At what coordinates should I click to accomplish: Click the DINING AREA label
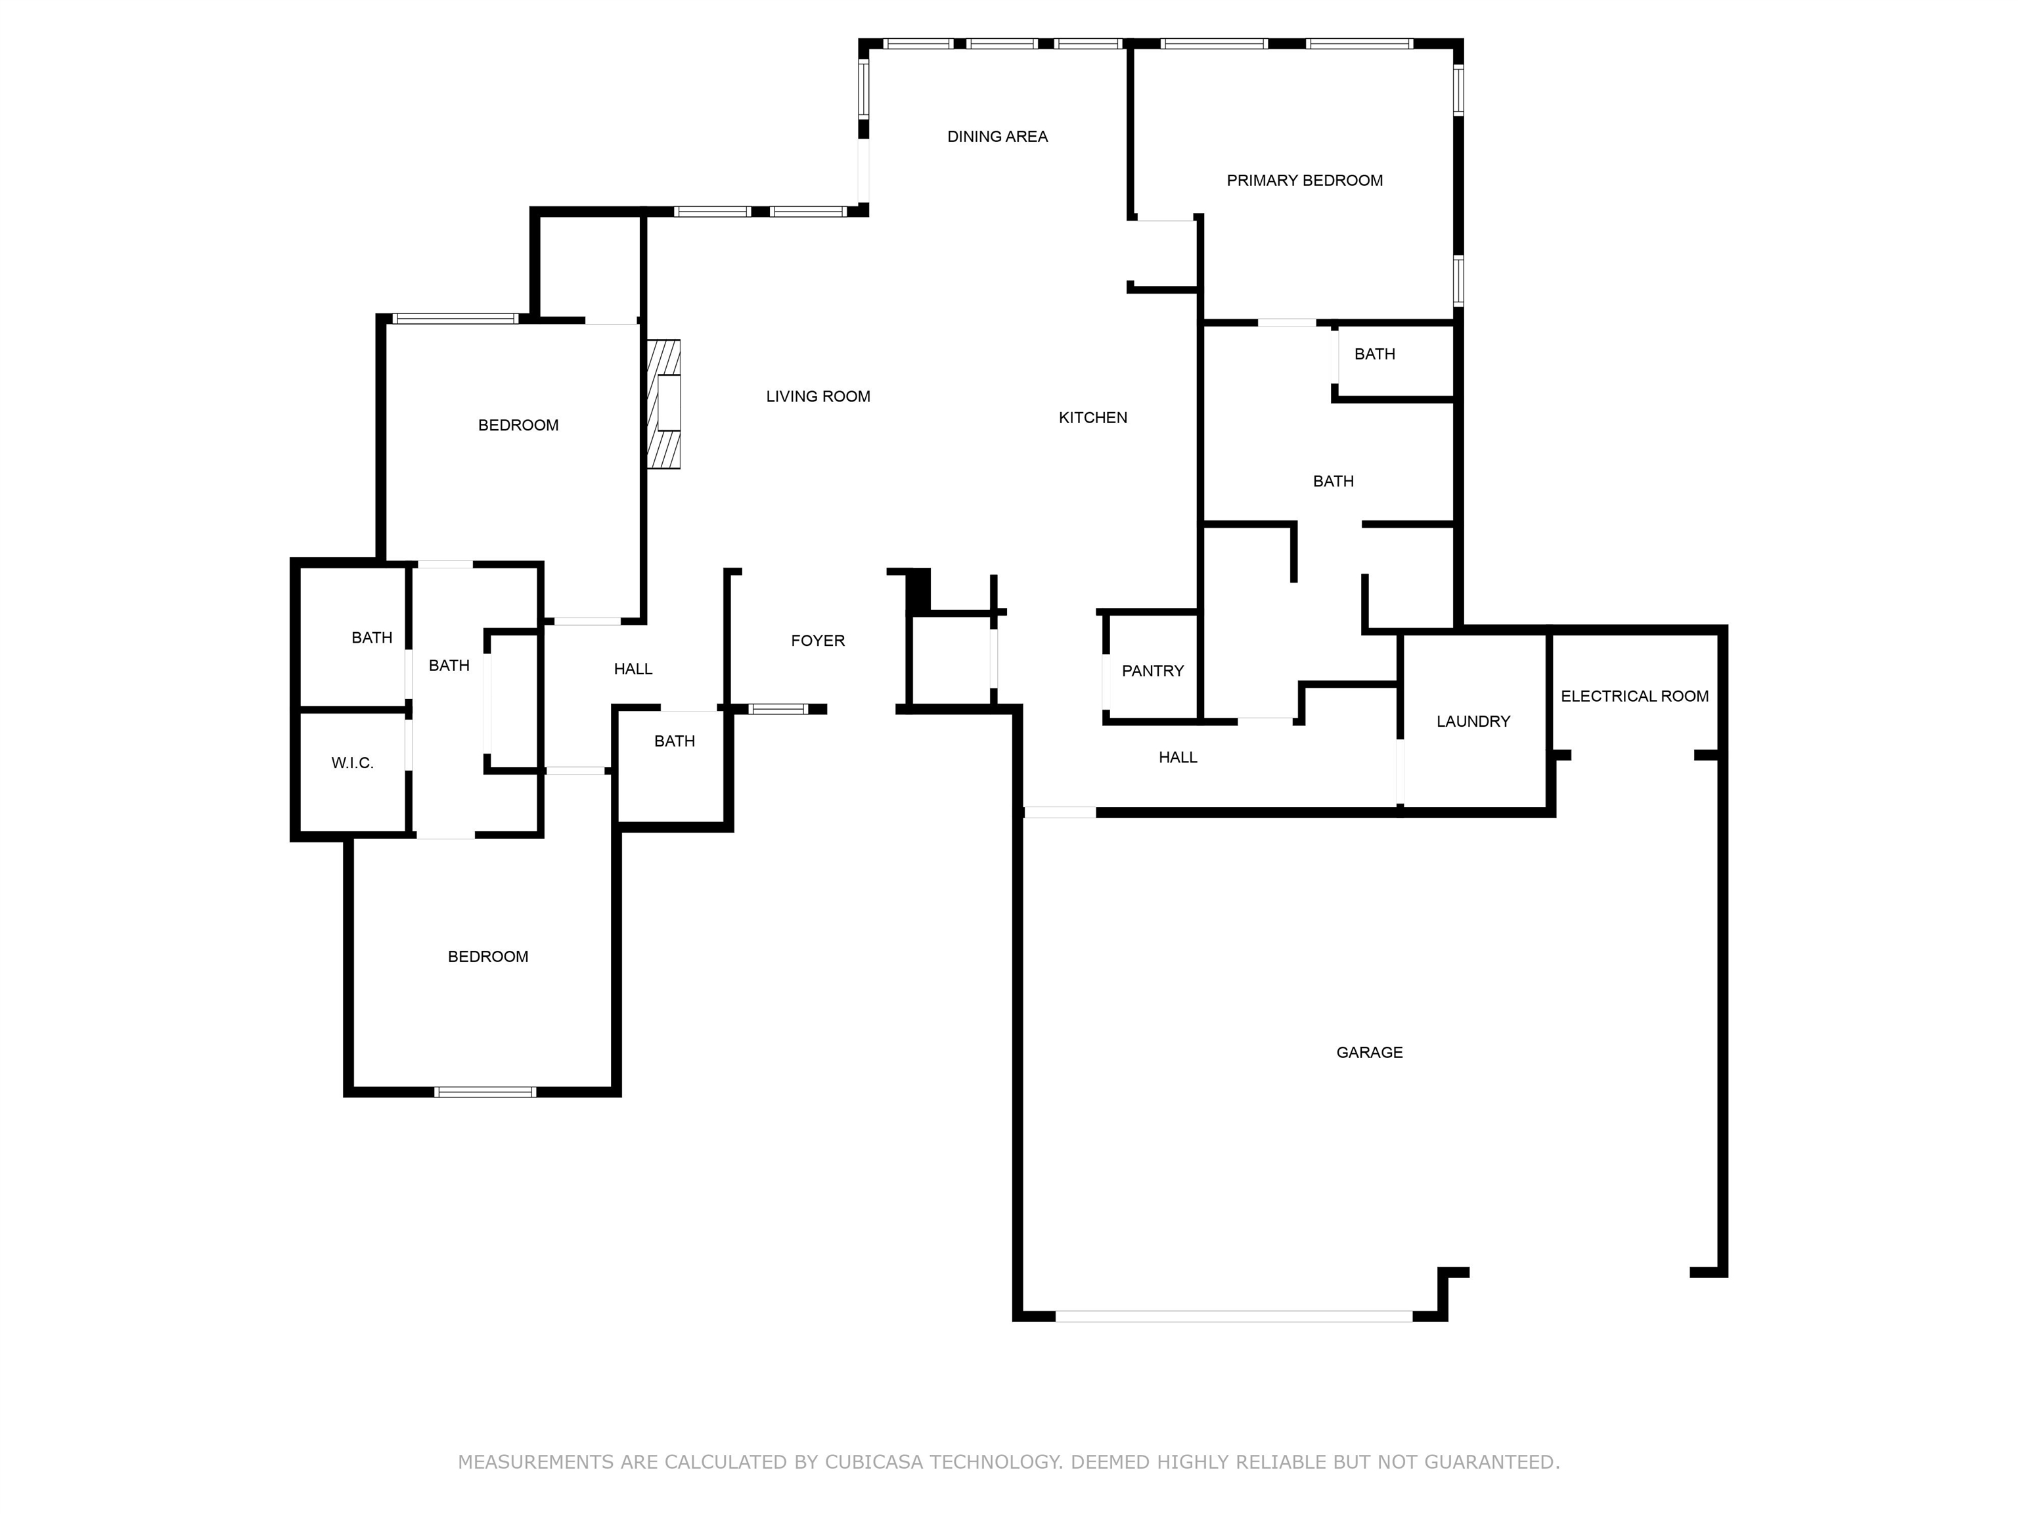[997, 137]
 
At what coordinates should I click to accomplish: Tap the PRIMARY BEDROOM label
[1304, 181]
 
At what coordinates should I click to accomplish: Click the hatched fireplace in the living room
[664, 404]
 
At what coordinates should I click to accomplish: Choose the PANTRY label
[1152, 671]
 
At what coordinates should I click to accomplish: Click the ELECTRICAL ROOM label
[1634, 697]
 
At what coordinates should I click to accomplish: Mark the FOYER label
[817, 641]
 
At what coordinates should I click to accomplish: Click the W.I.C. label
[352, 763]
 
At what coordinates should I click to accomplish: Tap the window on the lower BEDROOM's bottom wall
[484, 1091]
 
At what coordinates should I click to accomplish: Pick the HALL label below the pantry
[1177, 758]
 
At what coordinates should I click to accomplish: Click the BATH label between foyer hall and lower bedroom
[674, 741]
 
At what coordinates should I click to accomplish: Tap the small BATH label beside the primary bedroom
[1374, 354]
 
